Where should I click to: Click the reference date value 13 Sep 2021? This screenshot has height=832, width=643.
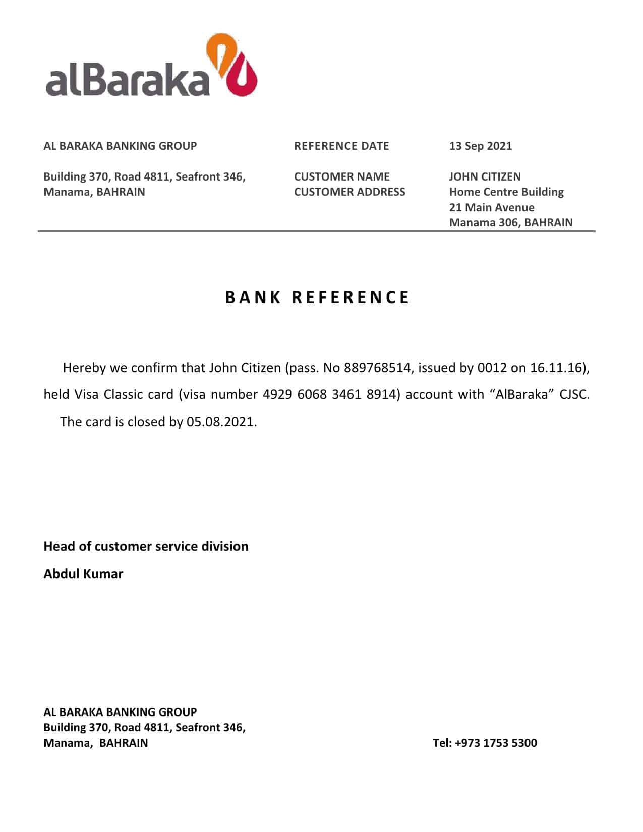click(480, 146)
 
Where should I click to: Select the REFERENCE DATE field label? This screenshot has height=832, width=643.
click(341, 146)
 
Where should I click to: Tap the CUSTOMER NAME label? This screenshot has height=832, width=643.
click(341, 176)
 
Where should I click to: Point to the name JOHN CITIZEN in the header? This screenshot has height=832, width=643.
click(485, 176)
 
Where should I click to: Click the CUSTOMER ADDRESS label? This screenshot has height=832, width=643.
click(349, 192)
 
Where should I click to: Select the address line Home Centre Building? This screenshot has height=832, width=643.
click(506, 192)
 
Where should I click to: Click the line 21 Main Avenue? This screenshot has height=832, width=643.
click(492, 207)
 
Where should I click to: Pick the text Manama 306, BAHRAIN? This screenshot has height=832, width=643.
click(511, 222)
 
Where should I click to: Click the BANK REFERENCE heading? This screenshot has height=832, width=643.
click(317, 298)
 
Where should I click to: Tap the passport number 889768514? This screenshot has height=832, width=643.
click(377, 368)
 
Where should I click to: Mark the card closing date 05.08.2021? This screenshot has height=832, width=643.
click(220, 422)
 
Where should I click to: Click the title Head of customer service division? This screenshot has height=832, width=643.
click(146, 546)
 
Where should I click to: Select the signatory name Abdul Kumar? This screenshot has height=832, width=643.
click(83, 574)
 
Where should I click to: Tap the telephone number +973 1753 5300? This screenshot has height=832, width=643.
click(496, 743)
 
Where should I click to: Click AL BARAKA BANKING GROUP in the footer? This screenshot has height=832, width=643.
click(120, 712)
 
